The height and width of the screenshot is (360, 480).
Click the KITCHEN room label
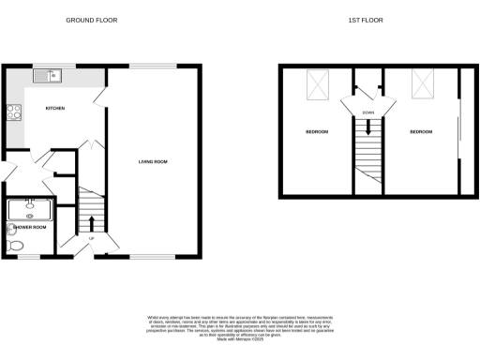(x=55, y=109)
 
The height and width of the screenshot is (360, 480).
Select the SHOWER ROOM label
(x=28, y=227)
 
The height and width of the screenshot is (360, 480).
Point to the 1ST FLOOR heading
(x=372, y=20)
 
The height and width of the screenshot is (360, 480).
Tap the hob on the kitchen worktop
(x=14, y=114)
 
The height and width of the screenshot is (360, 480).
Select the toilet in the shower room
(x=15, y=246)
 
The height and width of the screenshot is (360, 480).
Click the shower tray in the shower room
(x=30, y=207)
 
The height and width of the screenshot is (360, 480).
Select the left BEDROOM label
(x=316, y=132)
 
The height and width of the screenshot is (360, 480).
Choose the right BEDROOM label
(x=421, y=132)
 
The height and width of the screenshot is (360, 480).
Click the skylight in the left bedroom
(x=320, y=88)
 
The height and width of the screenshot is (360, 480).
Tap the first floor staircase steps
(x=368, y=155)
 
